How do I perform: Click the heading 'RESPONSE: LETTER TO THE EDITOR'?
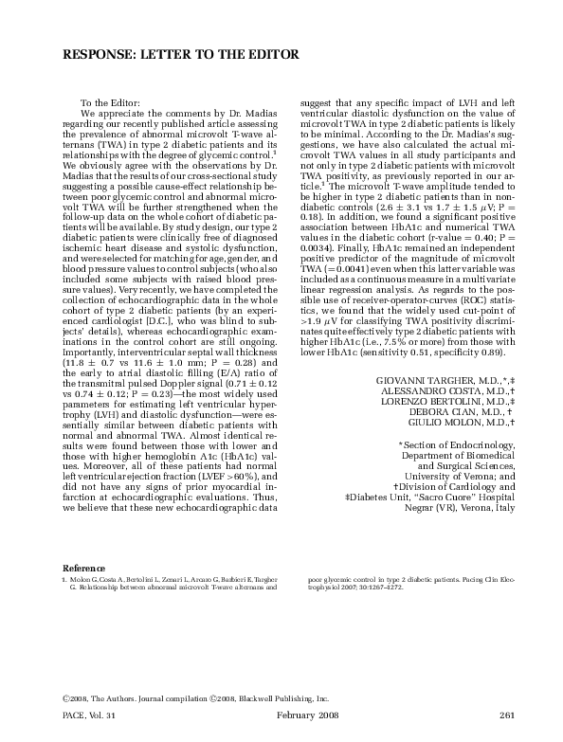181,55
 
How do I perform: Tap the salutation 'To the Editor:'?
110,102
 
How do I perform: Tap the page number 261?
505,713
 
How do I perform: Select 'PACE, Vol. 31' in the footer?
89,713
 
